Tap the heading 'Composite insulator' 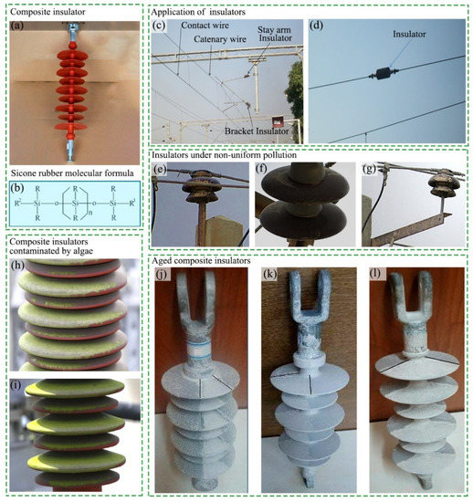pos(47,11)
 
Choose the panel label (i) pos(17,383)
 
